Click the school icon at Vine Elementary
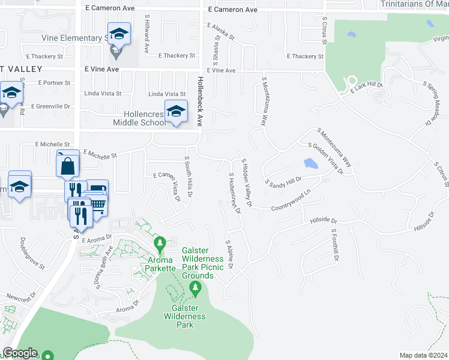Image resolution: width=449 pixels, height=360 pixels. tap(119, 35)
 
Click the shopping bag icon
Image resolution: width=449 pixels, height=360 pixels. tap(68, 166)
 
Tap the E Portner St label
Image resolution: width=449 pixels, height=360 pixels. tap(54, 83)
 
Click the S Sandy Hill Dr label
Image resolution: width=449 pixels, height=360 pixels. tap(283, 180)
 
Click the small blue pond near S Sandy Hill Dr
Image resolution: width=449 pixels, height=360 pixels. tap(310, 163)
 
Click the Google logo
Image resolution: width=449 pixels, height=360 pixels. tap(20, 353)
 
